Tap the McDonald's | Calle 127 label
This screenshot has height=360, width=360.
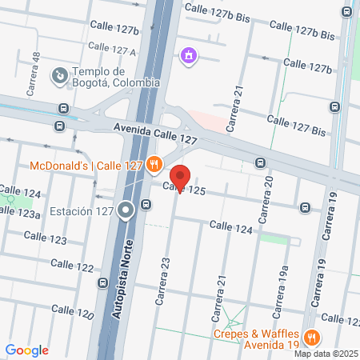[x=86, y=166]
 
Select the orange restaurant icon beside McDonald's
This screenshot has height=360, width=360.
[x=155, y=166]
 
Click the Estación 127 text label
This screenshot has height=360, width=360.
[x=80, y=211]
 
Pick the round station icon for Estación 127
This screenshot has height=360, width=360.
[x=126, y=211]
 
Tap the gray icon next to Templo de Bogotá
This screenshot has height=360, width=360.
[x=59, y=76]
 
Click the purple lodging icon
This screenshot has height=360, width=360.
[x=189, y=55]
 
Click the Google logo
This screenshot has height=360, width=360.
[x=26, y=350]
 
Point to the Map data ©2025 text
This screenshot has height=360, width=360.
[x=326, y=354]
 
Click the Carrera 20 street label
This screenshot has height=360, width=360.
[x=267, y=201]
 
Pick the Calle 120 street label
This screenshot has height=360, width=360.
[x=73, y=311]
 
